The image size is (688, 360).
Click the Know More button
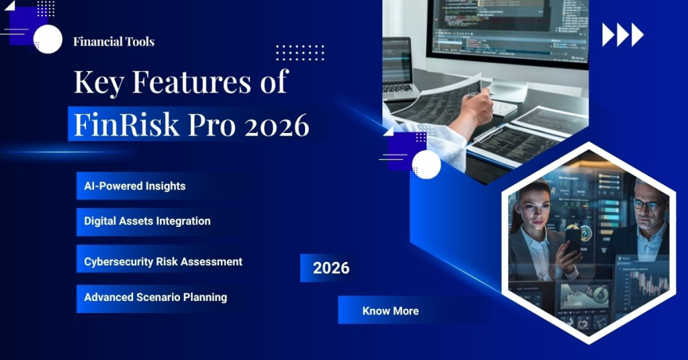tap(390, 311)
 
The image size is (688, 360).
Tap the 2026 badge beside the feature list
tap(331, 268)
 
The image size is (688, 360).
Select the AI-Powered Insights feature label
tap(134, 186)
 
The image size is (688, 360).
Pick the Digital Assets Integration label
tap(147, 221)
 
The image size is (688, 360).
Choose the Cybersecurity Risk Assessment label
tap(163, 261)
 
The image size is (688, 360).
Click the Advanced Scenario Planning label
tap(155, 297)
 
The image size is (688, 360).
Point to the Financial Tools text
tap(114, 42)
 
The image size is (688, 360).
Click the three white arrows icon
tap(622, 35)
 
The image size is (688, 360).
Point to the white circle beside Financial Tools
tap(48, 39)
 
